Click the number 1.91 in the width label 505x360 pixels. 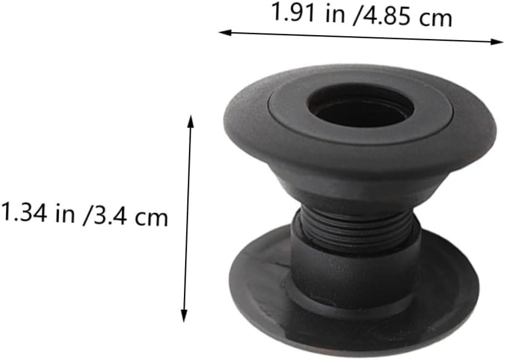pos(293,12)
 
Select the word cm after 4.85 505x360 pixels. pos(435,18)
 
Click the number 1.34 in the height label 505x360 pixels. pos(24,212)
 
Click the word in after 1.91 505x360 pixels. pos(335,14)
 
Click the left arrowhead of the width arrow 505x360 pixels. pos(225,32)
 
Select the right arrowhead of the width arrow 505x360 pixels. pos(497,42)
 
